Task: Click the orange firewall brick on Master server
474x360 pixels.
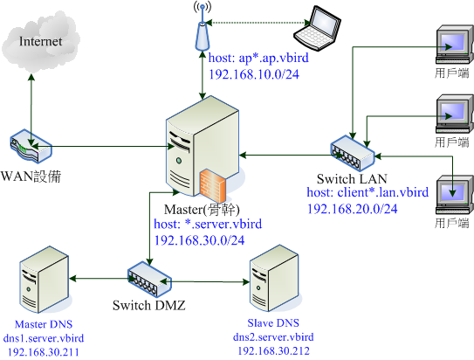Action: pyautogui.click(x=216, y=185)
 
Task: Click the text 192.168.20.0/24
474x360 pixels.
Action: pyautogui.click(x=353, y=208)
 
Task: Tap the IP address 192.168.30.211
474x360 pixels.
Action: pyautogui.click(x=44, y=352)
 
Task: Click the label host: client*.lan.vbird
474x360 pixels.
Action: pyautogui.click(x=367, y=191)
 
